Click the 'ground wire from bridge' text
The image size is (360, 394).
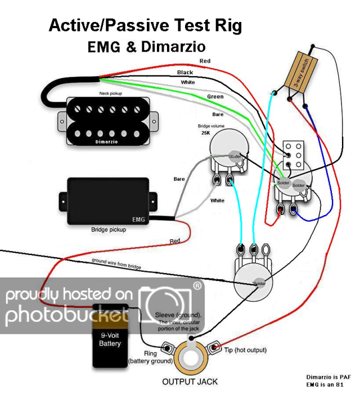coord(116,263)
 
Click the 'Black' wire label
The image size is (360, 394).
coord(185,73)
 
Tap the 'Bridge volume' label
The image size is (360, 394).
coord(212,126)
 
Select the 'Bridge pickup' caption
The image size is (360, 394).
coord(109,230)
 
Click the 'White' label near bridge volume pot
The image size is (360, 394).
coord(217,200)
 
